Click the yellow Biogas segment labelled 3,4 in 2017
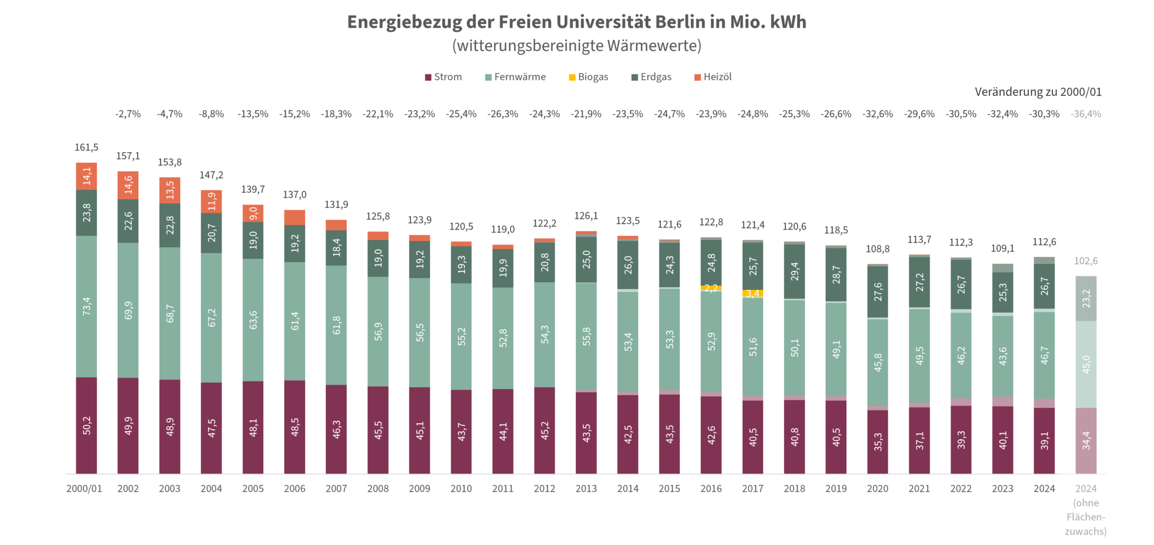tap(752, 294)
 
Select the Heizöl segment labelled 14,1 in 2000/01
tap(87, 176)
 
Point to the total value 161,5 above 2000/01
tap(87, 147)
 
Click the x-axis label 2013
tap(586, 488)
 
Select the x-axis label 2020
tap(877, 488)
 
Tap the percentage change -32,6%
tap(877, 114)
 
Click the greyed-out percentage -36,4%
tap(1085, 114)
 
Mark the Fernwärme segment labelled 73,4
tap(87, 306)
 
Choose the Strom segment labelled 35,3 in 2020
tap(878, 442)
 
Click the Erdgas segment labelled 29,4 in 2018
tap(795, 271)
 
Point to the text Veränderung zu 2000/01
tap(1037, 92)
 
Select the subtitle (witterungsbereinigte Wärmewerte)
tap(576, 46)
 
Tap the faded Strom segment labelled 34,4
tap(1086, 441)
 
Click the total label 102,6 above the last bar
tap(1085, 261)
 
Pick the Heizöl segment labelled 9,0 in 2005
tap(253, 213)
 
